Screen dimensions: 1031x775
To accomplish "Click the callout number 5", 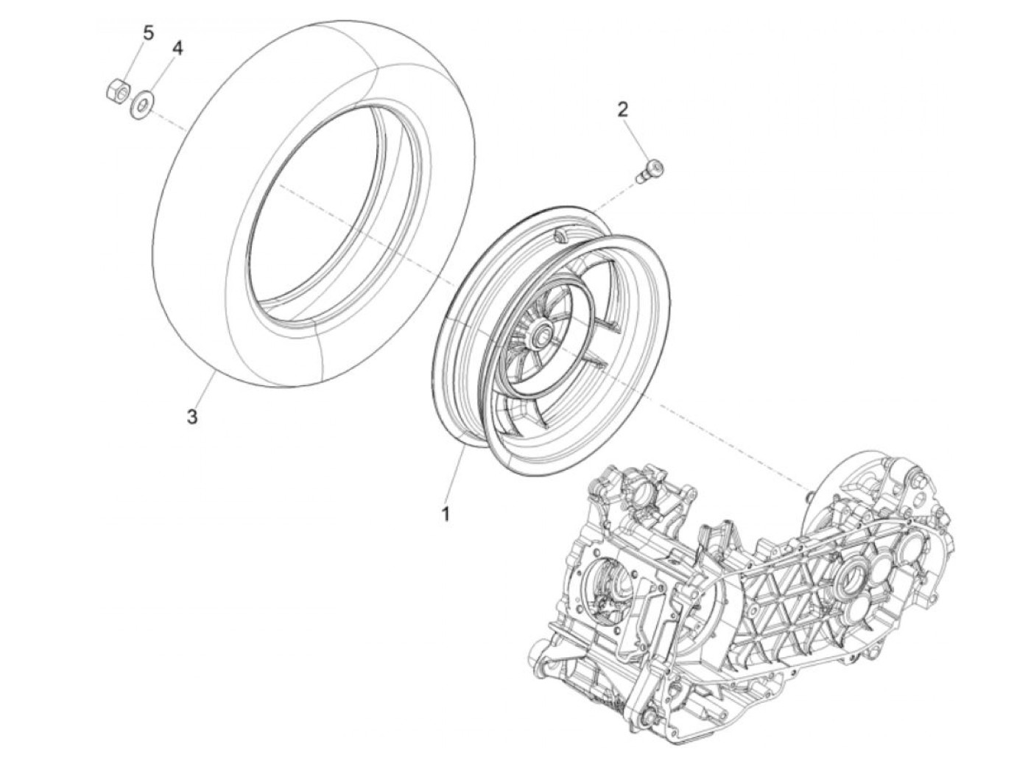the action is click(x=149, y=33).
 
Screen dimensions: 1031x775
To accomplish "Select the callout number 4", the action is click(x=177, y=49).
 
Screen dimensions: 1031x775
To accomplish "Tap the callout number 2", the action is click(x=623, y=111).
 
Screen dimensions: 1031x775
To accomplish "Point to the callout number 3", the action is click(x=191, y=417).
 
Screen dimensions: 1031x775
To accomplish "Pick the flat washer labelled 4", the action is click(x=141, y=99).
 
